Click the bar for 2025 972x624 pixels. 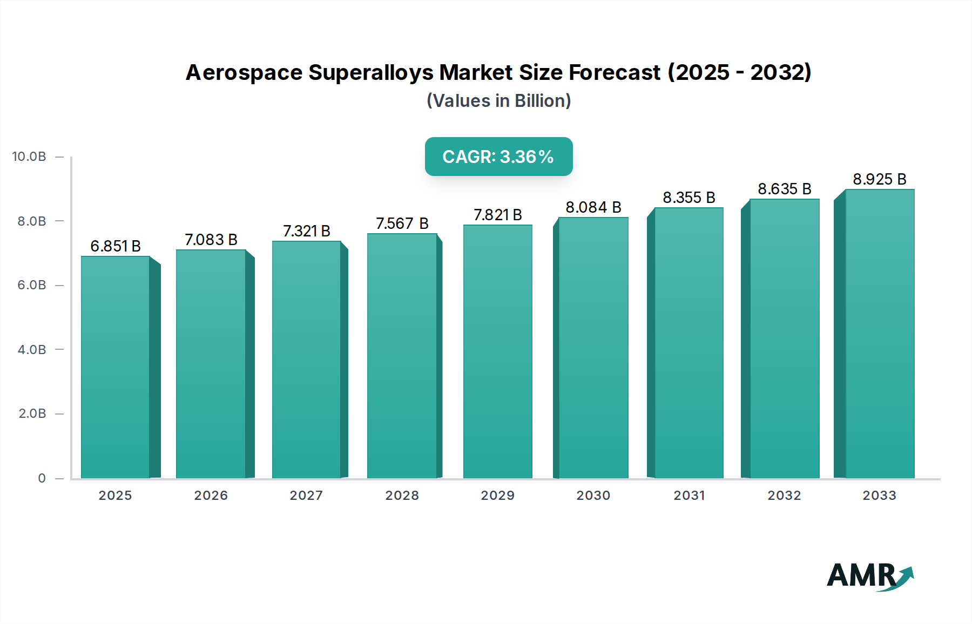[x=116, y=367]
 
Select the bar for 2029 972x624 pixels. [x=497, y=351]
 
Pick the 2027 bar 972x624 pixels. [x=306, y=360]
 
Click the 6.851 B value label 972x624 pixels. [x=116, y=246]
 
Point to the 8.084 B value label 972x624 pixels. [x=593, y=207]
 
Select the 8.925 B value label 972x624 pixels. [x=880, y=179]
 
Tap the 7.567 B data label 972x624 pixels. [x=402, y=223]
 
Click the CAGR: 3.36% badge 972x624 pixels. [x=498, y=157]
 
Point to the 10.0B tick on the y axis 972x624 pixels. [x=29, y=157]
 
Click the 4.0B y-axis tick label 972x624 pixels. [x=32, y=350]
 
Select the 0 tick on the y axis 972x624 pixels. [x=42, y=478]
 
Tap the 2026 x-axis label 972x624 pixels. [x=211, y=496]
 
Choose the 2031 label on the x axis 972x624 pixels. [x=689, y=496]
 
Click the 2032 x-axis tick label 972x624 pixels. [x=784, y=496]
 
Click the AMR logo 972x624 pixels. [x=870, y=576]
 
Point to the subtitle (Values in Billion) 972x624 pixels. [x=498, y=101]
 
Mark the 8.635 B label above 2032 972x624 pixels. [x=785, y=189]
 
